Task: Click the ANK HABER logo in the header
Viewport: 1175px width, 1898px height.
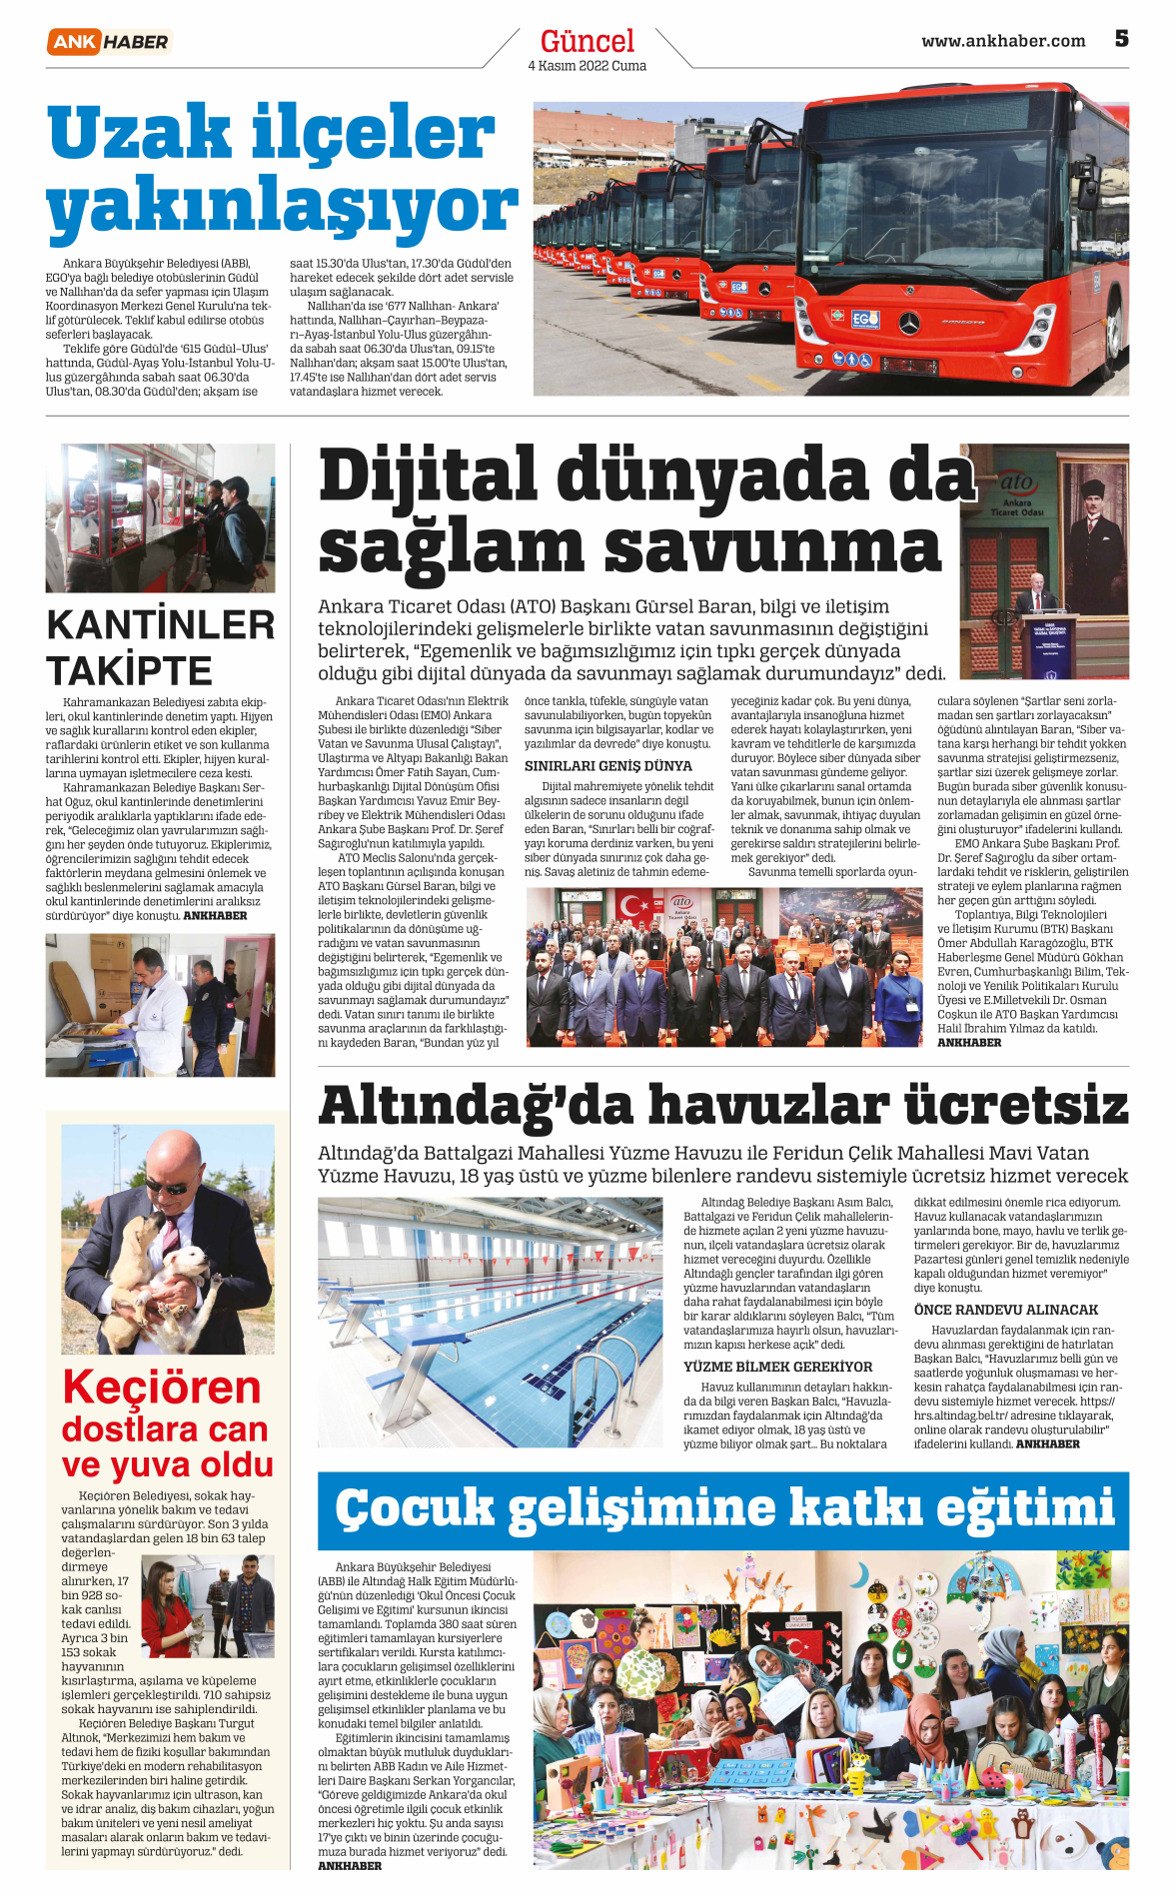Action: [109, 41]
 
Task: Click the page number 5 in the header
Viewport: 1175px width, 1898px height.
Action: [1121, 39]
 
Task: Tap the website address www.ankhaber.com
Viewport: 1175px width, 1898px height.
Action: [1002, 41]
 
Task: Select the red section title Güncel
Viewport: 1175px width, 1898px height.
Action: [587, 41]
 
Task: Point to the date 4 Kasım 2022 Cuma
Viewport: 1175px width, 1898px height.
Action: [587, 66]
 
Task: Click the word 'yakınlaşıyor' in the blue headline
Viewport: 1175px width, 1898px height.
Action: [282, 208]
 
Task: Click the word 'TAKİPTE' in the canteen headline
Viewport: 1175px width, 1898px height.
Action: [129, 670]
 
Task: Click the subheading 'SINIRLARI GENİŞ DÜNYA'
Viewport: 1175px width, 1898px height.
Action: [607, 766]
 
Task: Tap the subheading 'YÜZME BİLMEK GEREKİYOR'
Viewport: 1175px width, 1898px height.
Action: [777, 1367]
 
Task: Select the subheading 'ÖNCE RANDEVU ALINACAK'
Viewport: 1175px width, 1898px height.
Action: [1005, 1310]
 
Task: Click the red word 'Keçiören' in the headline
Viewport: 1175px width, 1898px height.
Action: [161, 1388]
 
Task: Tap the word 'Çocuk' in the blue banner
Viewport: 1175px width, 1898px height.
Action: [415, 1508]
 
